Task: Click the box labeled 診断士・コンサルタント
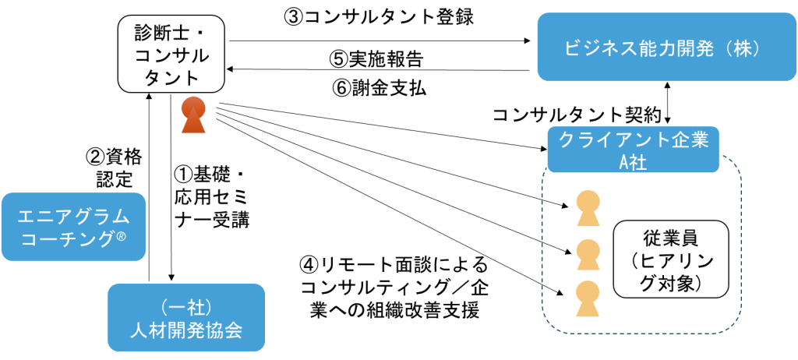click(x=171, y=54)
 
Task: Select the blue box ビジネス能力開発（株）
click(x=667, y=46)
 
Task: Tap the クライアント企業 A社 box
click(x=633, y=149)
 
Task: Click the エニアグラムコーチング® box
click(x=73, y=227)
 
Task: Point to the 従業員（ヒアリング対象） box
click(x=671, y=259)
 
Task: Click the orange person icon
click(x=194, y=115)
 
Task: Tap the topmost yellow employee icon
click(x=588, y=208)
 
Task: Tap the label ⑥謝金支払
click(x=379, y=89)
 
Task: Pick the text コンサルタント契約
click(x=576, y=115)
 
